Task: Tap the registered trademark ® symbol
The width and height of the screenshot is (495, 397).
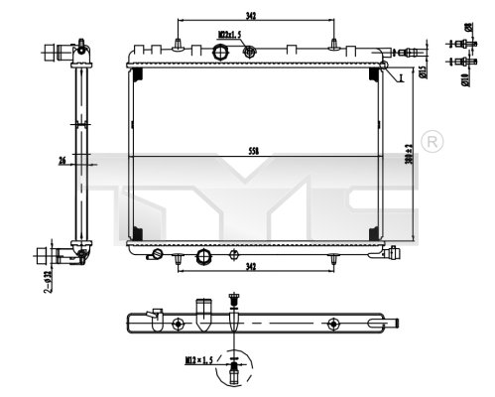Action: (x=432, y=142)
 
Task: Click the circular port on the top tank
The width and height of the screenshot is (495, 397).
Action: (x=248, y=52)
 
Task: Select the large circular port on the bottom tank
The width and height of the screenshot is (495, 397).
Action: (x=205, y=256)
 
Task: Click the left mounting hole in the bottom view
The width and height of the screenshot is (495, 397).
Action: (x=177, y=323)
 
